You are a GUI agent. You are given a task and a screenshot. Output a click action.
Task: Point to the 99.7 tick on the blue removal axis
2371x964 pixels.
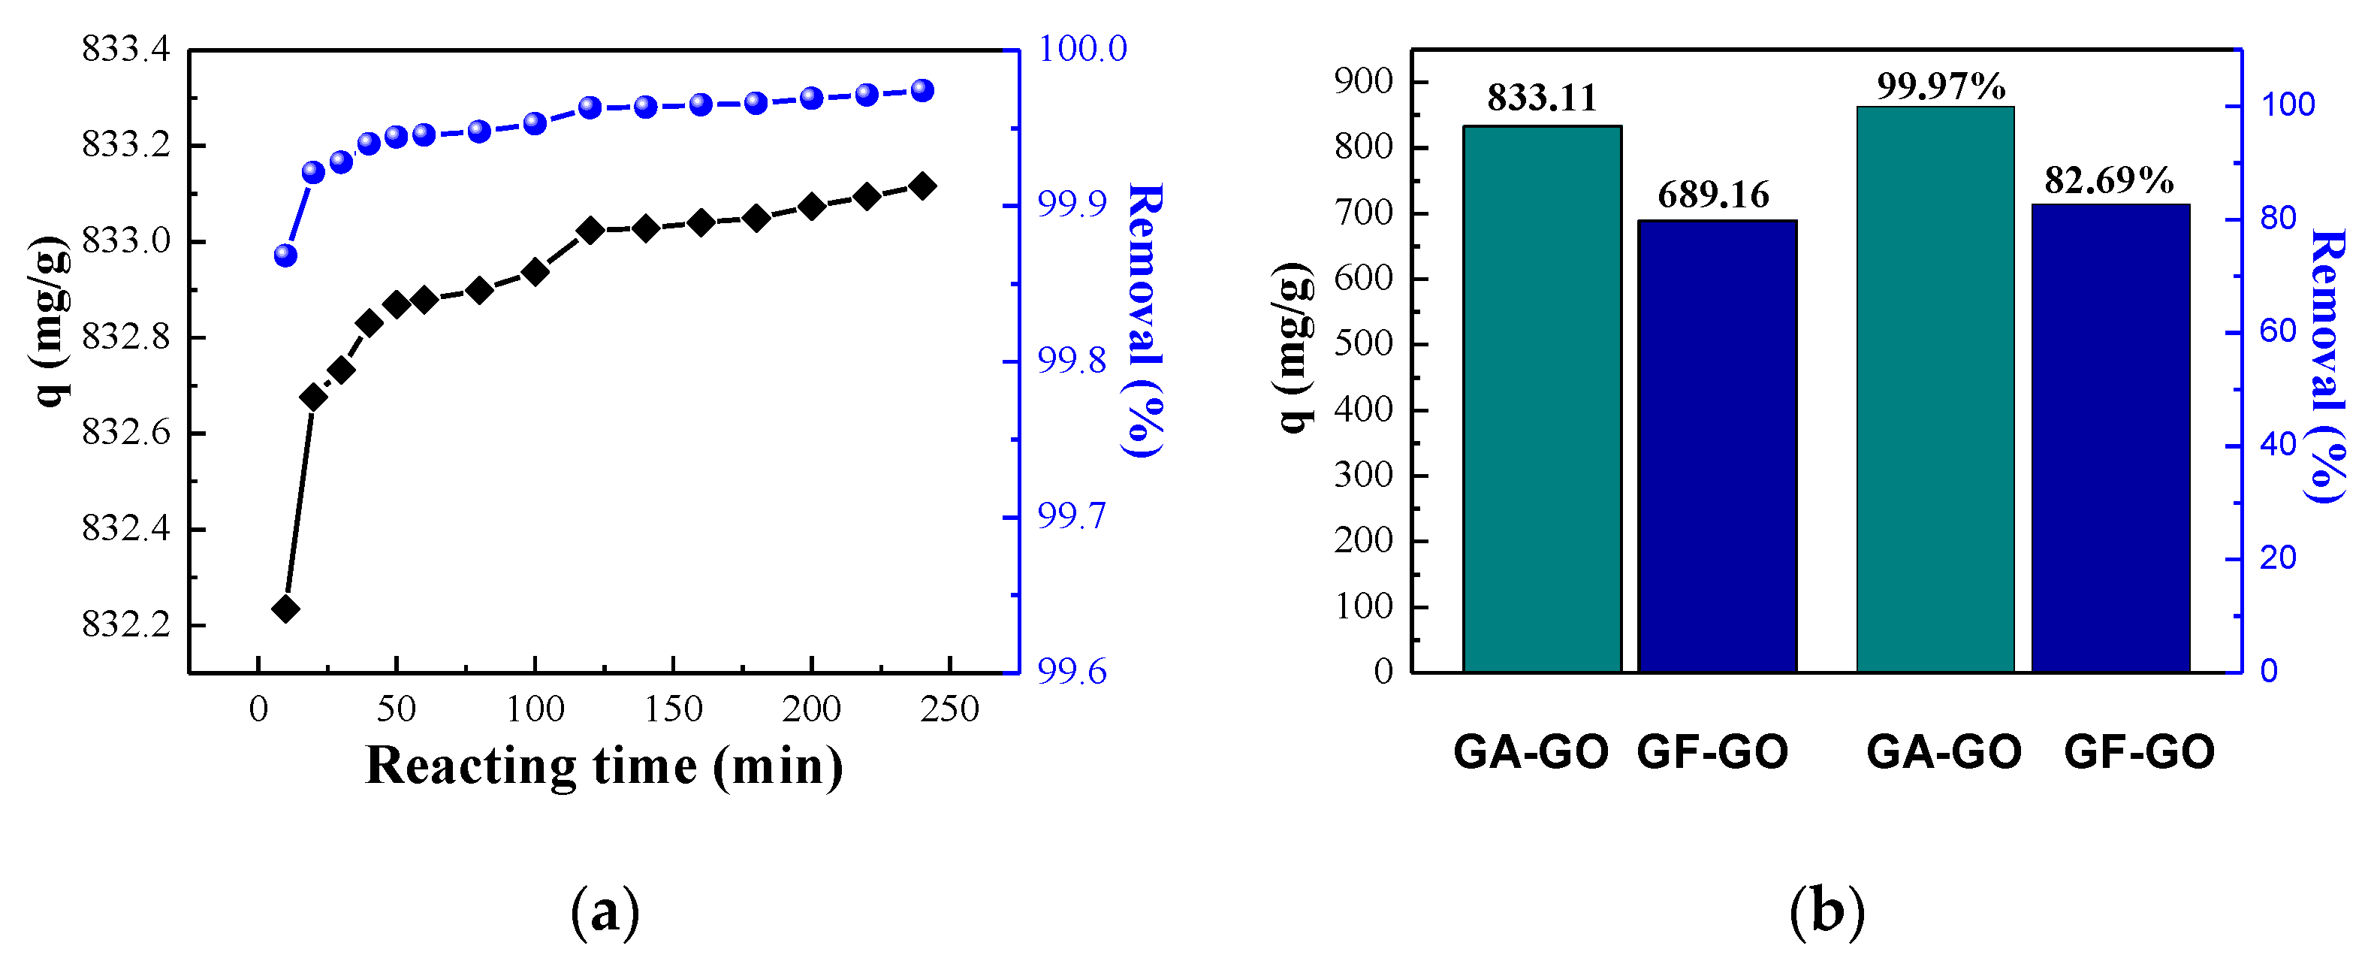[1072, 516]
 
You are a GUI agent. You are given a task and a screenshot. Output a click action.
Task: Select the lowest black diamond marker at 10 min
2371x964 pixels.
[285, 609]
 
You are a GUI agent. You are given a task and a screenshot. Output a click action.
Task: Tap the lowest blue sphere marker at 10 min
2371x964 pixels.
[285, 255]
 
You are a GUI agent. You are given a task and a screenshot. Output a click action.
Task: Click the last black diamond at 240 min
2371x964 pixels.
[922, 186]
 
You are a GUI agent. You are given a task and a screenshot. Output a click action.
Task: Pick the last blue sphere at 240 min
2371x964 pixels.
[922, 90]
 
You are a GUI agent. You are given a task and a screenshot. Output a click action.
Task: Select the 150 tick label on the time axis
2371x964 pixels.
[673, 709]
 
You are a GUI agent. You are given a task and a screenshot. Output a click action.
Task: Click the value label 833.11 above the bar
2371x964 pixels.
[1542, 98]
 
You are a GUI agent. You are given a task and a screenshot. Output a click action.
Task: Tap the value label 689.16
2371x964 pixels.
[1713, 195]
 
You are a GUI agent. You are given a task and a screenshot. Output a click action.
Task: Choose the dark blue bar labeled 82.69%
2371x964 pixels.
[2110, 437]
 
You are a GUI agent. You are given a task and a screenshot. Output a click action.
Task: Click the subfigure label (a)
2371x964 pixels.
[605, 911]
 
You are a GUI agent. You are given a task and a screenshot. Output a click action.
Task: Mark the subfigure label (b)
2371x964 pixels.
[1827, 911]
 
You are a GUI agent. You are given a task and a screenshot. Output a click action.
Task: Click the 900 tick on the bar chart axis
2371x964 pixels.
[1364, 81]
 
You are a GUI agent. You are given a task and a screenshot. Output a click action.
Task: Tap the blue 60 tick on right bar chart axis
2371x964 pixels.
[2278, 331]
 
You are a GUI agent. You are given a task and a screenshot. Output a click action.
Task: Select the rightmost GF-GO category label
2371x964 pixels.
[2138, 752]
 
